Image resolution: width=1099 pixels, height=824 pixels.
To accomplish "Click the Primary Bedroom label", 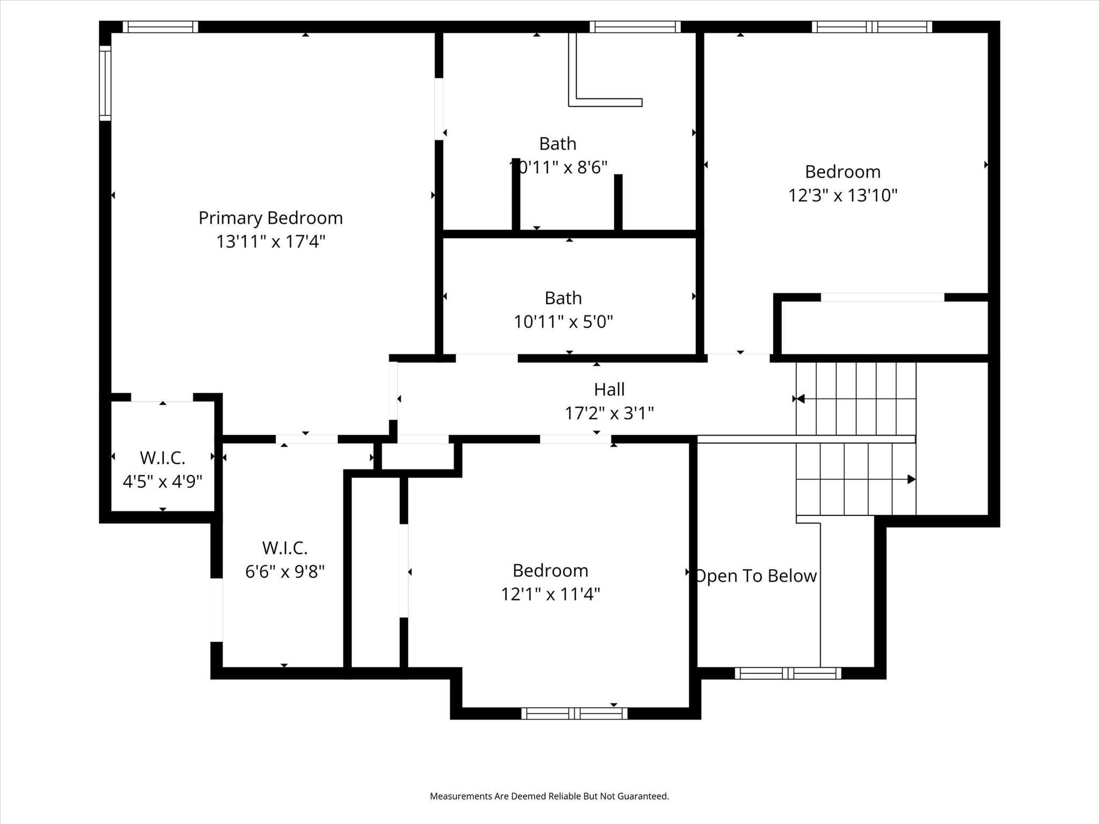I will click(x=270, y=218).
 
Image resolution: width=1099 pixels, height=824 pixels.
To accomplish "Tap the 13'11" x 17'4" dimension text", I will click(x=270, y=241).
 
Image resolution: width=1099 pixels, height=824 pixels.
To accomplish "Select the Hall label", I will click(x=609, y=389).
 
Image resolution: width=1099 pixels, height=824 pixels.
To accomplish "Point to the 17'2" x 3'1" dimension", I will click(x=609, y=413).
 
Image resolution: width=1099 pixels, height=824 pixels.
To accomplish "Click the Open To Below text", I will click(x=756, y=576).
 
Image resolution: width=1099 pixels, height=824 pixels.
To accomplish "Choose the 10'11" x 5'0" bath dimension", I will click(x=563, y=322).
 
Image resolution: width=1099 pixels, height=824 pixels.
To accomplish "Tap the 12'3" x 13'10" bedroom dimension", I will click(x=842, y=195).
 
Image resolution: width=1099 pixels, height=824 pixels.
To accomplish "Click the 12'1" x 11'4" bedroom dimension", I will click(x=550, y=594).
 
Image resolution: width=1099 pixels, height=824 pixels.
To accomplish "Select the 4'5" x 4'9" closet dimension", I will click(x=162, y=481).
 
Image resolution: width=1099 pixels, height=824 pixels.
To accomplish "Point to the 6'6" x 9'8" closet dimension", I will click(x=284, y=571).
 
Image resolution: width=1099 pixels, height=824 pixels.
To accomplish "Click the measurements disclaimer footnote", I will click(x=549, y=796).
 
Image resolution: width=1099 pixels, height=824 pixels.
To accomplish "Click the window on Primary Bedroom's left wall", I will click(x=105, y=83).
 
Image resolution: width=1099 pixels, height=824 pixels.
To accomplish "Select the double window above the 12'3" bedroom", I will click(x=871, y=27).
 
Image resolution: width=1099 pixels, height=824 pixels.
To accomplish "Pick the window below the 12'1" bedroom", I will click(x=574, y=713).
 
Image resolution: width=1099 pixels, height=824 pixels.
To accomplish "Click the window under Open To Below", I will click(x=787, y=673).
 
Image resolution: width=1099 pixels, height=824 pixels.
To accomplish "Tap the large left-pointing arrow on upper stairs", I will click(x=800, y=399).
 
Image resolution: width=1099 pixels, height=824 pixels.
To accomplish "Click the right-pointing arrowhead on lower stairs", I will click(x=911, y=479).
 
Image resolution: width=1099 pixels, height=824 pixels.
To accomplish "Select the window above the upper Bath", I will click(x=635, y=27).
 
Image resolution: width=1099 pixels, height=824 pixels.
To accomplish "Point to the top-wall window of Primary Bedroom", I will click(x=160, y=27).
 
